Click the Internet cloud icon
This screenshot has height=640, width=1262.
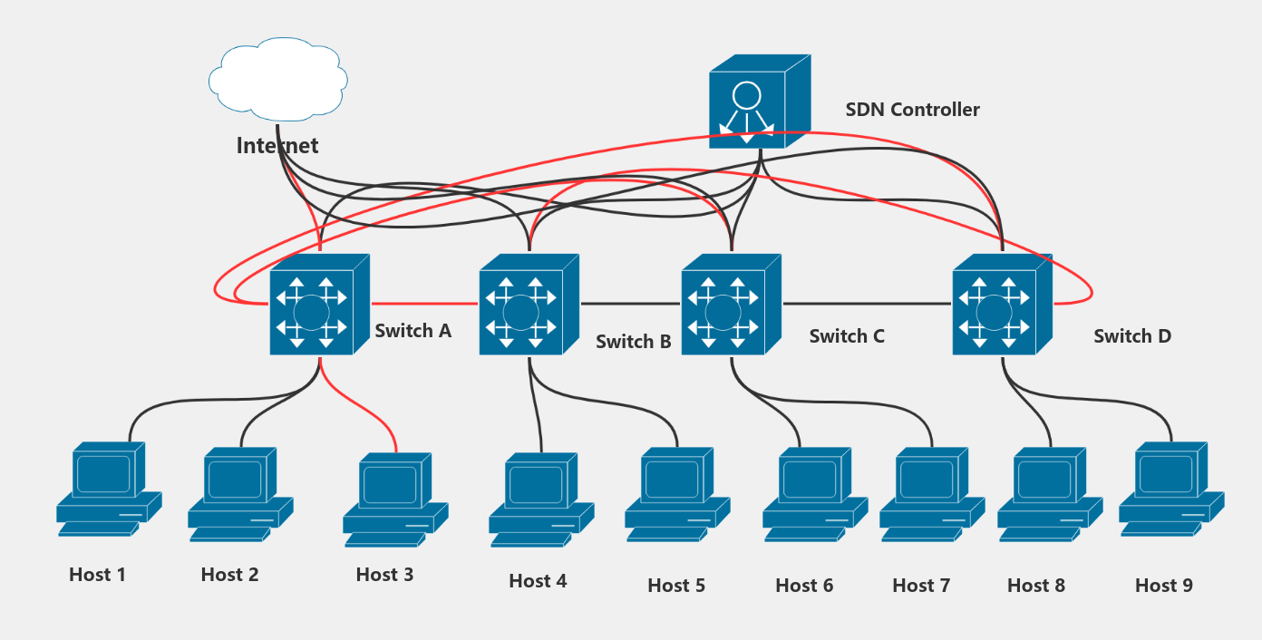pyautogui.click(x=277, y=79)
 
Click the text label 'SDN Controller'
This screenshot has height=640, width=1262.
pyautogui.click(x=912, y=110)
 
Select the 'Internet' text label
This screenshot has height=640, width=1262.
pyautogui.click(x=277, y=146)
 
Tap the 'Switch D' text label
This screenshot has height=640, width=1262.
pyautogui.click(x=1131, y=336)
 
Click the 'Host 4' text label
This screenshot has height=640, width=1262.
pyautogui.click(x=538, y=581)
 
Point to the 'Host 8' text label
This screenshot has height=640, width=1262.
pyautogui.click(x=1035, y=586)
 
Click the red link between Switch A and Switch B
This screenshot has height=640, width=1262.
pyautogui.click(x=424, y=303)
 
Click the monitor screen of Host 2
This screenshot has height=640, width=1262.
pyautogui.click(x=235, y=479)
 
